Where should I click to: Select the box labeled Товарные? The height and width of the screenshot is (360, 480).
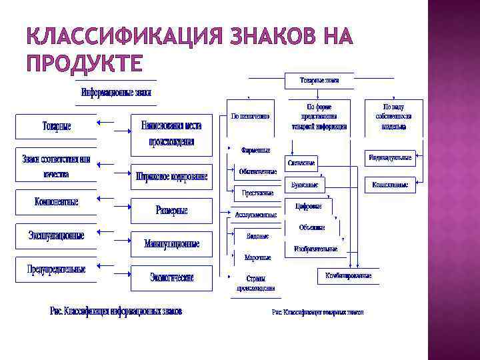click(56, 126)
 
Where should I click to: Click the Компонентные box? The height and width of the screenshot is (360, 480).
click(56, 201)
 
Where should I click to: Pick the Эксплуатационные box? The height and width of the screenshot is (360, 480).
click(56, 235)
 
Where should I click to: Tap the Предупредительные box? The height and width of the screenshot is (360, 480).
click(56, 270)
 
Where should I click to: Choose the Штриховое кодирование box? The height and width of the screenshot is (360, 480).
click(171, 177)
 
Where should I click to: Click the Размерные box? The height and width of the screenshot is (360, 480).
click(171, 211)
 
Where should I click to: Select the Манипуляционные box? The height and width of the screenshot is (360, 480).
click(171, 244)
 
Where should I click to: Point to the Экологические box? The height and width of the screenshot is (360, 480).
click(171, 278)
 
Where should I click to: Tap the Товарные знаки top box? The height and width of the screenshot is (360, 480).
click(319, 80)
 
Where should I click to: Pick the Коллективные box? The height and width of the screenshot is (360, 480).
click(390, 184)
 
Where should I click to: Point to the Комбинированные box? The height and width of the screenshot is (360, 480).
click(348, 275)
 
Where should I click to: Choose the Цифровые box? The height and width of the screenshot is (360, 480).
click(308, 207)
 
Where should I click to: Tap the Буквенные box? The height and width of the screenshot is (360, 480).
click(305, 184)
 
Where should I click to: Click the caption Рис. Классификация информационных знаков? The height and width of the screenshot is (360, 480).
click(116, 311)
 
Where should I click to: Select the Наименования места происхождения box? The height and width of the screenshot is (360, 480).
click(171, 131)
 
